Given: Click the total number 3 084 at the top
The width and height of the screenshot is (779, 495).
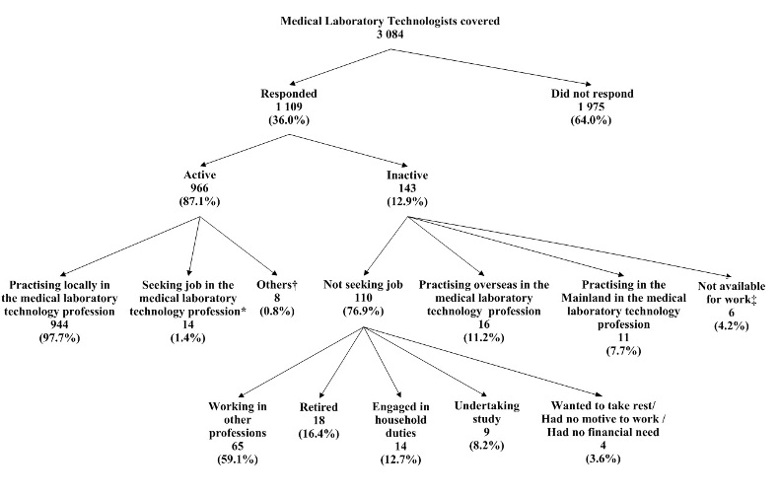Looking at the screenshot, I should coord(391,34).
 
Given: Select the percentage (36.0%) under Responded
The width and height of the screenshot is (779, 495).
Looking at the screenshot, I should coord(289,119).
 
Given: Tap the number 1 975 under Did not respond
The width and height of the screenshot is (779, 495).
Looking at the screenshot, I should coord(592,106).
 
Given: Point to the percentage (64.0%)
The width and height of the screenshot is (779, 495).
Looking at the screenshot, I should coord(592,119).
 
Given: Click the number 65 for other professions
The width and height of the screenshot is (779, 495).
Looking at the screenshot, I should coord(238,445).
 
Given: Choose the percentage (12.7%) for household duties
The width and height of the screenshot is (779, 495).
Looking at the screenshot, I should coord(399,458).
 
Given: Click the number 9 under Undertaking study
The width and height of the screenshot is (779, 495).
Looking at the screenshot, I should coord(478,432).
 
